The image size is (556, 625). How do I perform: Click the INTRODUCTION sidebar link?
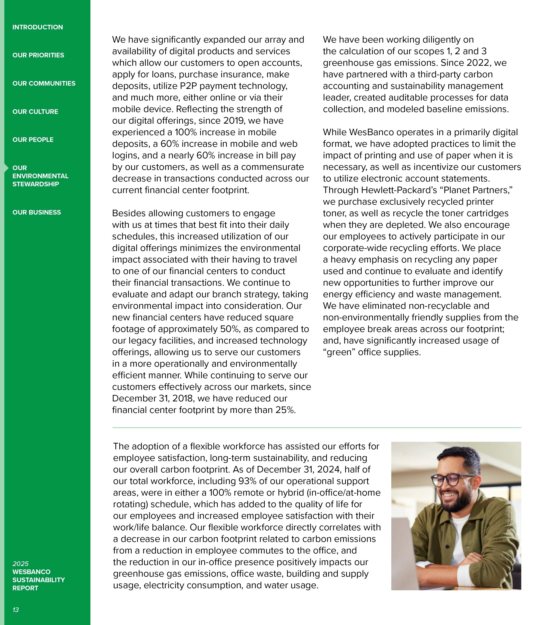[x=38, y=27]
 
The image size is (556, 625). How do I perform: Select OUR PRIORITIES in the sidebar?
[x=38, y=55]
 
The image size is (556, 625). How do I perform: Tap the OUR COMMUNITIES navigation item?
[x=44, y=84]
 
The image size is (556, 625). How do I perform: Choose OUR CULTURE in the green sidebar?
[x=35, y=112]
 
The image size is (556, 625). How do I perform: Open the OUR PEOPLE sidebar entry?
[x=33, y=140]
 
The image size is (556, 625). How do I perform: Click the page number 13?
[x=16, y=610]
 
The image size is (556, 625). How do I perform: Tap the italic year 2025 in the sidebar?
[x=20, y=563]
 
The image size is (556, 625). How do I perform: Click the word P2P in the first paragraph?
[x=188, y=86]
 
